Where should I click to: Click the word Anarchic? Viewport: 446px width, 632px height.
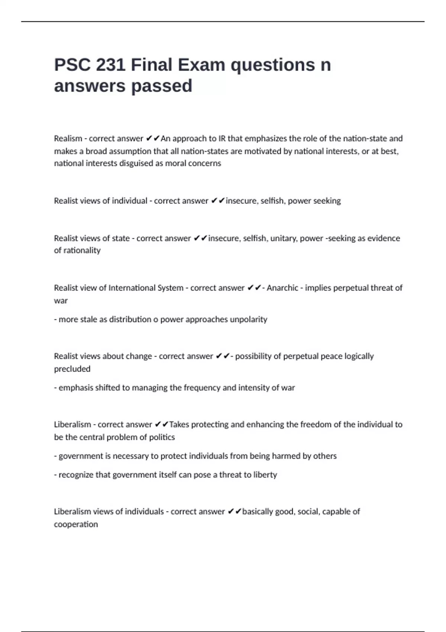282,288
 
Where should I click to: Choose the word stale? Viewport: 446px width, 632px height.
88,319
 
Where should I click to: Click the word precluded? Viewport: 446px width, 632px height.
72,369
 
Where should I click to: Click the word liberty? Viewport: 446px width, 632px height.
265,475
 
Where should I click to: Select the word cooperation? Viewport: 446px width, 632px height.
76,524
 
